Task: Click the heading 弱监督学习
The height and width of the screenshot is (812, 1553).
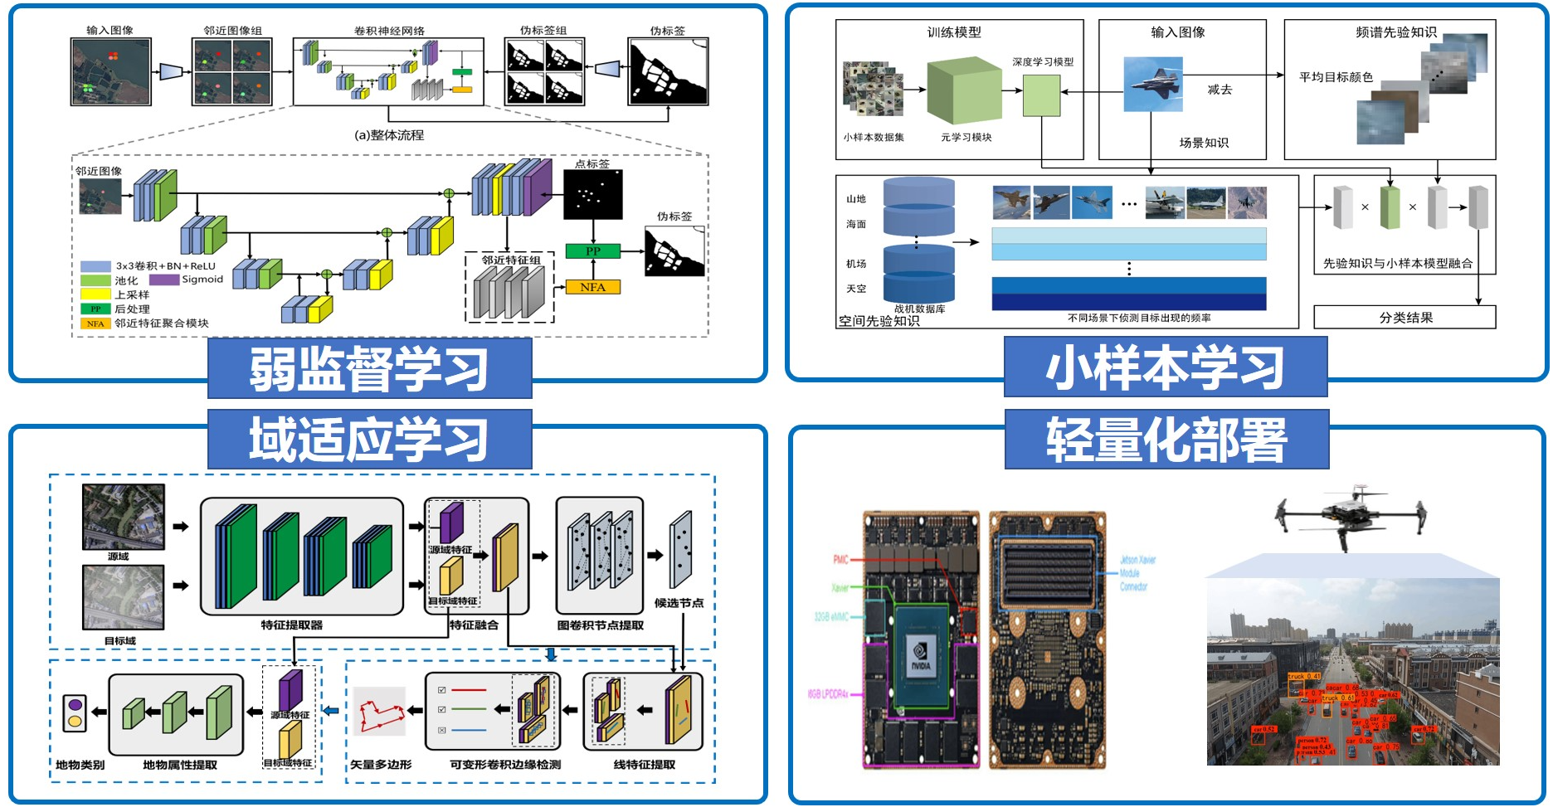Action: (x=369, y=369)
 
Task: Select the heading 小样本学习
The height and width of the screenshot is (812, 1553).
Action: (x=1165, y=367)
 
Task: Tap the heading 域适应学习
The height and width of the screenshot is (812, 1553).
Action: (x=369, y=440)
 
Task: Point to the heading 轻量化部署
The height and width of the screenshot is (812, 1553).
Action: (x=1166, y=440)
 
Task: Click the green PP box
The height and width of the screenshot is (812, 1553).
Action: (x=592, y=250)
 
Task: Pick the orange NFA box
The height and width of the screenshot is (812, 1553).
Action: (x=592, y=287)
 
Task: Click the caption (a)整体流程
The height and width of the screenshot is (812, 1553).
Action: (x=389, y=135)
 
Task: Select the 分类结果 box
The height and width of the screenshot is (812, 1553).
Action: (x=1405, y=318)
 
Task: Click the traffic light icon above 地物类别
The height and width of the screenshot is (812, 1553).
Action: (x=75, y=712)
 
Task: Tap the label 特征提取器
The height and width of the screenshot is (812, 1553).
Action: (x=291, y=625)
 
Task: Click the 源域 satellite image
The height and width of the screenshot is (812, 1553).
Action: (x=124, y=517)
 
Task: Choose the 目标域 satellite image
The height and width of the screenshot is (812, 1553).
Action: (x=124, y=597)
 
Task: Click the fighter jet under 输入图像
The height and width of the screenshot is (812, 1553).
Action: (x=1152, y=83)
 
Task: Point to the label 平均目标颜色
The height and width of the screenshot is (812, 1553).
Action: (x=1336, y=77)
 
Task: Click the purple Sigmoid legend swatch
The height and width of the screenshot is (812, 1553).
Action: (x=163, y=280)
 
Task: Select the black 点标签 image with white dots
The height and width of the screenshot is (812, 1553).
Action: (x=592, y=195)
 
